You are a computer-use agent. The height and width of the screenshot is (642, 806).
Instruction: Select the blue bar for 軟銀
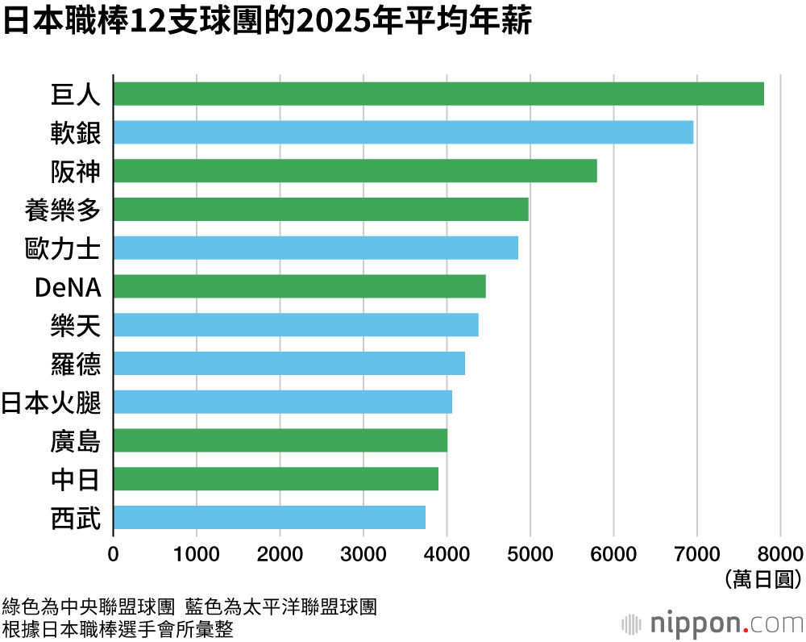[x=403, y=132]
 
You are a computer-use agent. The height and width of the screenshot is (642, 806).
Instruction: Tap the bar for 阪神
[x=355, y=171]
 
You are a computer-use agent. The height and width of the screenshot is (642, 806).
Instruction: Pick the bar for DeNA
[x=299, y=286]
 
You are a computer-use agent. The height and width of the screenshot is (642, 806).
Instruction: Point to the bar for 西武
[x=269, y=517]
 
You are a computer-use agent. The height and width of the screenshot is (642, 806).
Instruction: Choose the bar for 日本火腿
[x=282, y=402]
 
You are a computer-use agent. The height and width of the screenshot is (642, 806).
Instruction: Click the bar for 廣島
[x=280, y=440]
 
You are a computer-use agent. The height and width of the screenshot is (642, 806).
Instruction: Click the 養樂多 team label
[x=63, y=210]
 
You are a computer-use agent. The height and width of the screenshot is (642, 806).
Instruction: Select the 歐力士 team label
[x=63, y=248]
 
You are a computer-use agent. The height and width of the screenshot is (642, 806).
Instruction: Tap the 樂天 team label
[x=75, y=326]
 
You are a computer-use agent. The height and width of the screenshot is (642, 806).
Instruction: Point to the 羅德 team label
[x=75, y=364]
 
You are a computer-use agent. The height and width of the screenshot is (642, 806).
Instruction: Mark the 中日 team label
[x=75, y=480]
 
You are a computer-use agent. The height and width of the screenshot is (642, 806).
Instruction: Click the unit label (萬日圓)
[x=762, y=577]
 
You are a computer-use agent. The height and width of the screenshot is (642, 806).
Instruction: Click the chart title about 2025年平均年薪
[x=267, y=22]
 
